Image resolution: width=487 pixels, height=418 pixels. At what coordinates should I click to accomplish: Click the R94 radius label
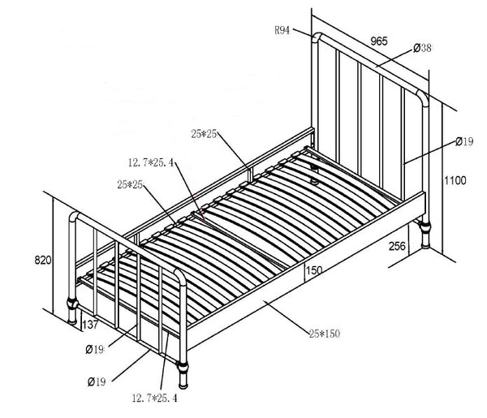tap(282, 30)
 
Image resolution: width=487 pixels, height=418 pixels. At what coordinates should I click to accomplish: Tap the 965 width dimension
tap(379, 41)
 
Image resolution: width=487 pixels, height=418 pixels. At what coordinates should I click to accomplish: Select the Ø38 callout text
tap(422, 48)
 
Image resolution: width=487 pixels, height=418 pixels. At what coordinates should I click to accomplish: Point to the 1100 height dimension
tap(455, 180)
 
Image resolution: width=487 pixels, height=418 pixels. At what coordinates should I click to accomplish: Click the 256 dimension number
tap(397, 246)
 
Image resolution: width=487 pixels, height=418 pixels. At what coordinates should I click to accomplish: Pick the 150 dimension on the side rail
tap(314, 270)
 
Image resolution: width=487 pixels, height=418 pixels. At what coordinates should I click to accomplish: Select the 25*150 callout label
tap(324, 334)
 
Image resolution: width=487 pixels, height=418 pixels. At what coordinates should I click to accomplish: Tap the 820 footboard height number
tap(43, 260)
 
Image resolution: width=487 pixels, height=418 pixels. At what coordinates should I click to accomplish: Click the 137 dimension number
tap(90, 325)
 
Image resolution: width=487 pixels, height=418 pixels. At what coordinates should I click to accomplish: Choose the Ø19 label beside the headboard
tap(464, 141)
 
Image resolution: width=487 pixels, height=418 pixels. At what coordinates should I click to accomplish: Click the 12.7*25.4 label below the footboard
tap(155, 398)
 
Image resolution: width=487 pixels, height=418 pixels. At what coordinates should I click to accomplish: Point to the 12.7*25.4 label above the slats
tap(151, 162)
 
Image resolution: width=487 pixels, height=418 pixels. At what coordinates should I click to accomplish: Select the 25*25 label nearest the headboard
tap(204, 134)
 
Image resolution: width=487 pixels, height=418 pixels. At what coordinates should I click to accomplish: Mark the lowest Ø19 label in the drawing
tap(97, 381)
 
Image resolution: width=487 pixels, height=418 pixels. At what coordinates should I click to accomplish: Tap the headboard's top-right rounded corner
tap(423, 97)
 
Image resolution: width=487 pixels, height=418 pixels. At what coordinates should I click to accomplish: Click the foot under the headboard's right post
tap(425, 235)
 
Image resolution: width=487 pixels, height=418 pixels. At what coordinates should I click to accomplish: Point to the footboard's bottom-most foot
tap(183, 375)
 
